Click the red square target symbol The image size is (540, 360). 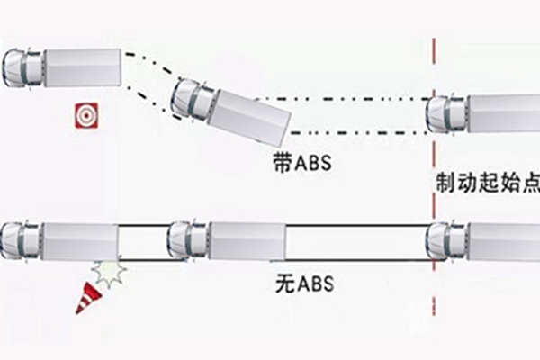86,116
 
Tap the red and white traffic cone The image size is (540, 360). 88,298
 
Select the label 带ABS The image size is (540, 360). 302,163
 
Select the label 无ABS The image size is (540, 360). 304,284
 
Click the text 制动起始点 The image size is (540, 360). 488,183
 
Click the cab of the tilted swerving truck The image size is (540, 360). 193,100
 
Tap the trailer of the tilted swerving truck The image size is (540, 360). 249,117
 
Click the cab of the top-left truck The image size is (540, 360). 22,68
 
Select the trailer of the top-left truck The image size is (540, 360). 82,67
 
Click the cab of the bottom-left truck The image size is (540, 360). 21,240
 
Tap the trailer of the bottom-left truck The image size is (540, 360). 80,241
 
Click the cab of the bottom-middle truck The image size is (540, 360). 189,240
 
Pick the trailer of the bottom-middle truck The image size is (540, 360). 247,241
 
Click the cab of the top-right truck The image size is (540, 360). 446,113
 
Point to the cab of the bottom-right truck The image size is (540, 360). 446,241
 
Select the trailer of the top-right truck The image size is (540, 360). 504,114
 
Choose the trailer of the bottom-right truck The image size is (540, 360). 504,241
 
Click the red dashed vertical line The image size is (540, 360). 434,176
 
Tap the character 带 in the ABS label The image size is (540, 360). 283,163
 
